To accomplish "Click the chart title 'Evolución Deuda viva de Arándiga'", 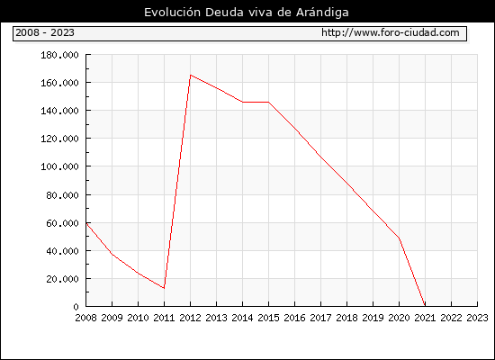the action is [247, 13].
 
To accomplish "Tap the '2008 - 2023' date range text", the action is [45, 32].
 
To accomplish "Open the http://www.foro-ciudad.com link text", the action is [391, 32].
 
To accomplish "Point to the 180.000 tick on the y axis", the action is [59, 55].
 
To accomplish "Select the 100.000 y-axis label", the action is [59, 166].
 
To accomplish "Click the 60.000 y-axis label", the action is [62, 223].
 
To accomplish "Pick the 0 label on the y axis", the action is [76, 307].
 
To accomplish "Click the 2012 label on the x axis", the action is [190, 318].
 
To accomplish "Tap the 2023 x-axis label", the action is [477, 318].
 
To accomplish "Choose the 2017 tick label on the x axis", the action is [320, 318].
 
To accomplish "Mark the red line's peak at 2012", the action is [191, 76].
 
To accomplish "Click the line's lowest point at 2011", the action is [164, 288].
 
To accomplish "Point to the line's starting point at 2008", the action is [86, 223].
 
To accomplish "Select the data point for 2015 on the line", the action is [269, 102].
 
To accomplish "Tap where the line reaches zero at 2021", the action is [425, 306].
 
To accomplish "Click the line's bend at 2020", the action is [399, 238].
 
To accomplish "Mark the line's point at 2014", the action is [242, 102].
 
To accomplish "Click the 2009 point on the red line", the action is [112, 254].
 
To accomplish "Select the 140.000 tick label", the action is [59, 111].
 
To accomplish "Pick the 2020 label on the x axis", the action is [399, 318].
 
